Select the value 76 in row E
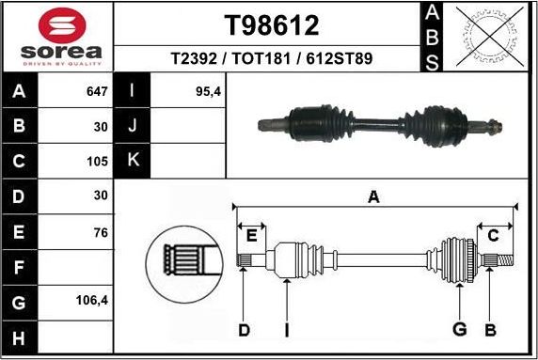[100, 231]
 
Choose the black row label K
[133, 161]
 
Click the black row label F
[20, 268]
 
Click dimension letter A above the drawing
[373, 197]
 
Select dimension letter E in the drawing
[251, 235]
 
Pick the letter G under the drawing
[460, 329]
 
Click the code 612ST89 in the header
[343, 58]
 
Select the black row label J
[133, 126]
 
